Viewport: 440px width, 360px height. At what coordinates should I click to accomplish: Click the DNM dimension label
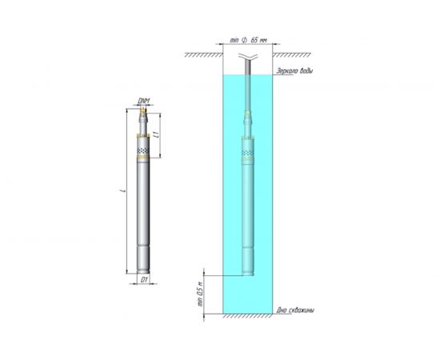tap(143, 100)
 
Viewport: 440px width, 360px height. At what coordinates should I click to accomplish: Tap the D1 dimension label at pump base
tap(143, 281)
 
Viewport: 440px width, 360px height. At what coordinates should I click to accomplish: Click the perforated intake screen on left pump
tap(143, 150)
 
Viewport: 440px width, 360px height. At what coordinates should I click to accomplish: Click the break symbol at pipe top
tap(247, 58)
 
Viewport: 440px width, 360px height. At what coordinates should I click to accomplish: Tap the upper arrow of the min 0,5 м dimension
tap(207, 273)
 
